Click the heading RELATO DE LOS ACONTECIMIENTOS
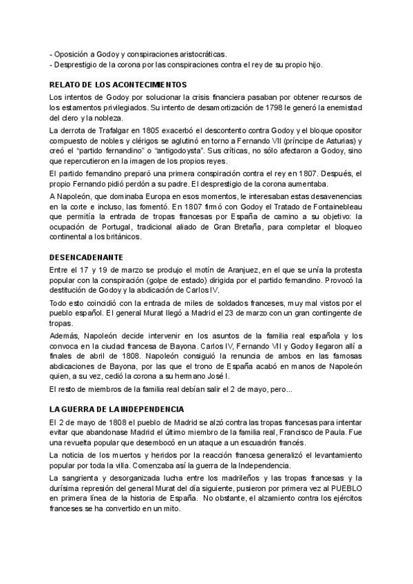(108, 84)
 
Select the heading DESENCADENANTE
(86, 256)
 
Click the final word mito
(170, 509)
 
